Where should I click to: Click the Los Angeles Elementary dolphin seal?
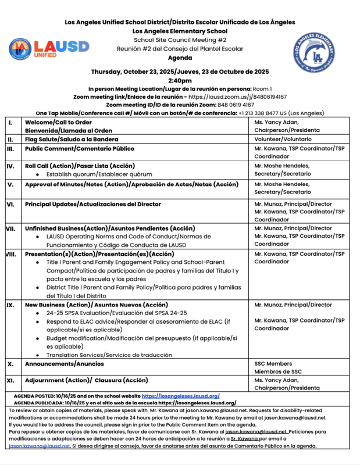pyautogui.click(x=313, y=51)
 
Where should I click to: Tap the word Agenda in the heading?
pyautogui.click(x=180, y=59)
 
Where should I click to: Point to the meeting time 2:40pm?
pyautogui.click(x=180, y=81)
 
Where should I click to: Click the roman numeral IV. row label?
pyautogui.click(x=10, y=166)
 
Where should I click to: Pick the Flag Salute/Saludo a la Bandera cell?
pyautogui.click(x=72, y=139)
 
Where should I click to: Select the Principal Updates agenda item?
pyautogui.click(x=92, y=205)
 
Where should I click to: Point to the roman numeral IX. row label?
pyautogui.click(x=10, y=305)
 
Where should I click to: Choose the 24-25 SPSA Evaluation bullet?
pyautogui.click(x=118, y=313)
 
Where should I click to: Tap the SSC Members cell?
pyautogui.click(x=273, y=363)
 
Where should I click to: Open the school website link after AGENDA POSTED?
pyautogui.click(x=180, y=395)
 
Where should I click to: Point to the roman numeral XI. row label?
pyautogui.click(x=10, y=381)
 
